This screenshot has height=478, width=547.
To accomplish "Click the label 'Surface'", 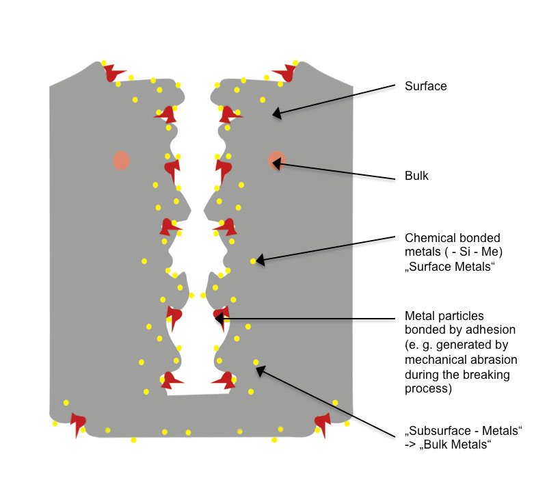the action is (x=425, y=86).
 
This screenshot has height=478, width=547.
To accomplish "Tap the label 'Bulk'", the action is (x=416, y=176).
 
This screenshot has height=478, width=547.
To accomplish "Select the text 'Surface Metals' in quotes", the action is (x=450, y=267).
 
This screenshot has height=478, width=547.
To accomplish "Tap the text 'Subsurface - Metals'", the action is (x=464, y=431).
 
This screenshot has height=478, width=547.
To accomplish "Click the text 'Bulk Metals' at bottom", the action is (x=455, y=445).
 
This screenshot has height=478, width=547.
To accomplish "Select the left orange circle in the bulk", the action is (x=121, y=161).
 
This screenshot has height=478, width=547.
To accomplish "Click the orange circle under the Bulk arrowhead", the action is (x=277, y=161).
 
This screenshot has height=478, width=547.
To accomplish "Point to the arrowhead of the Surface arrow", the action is (x=276, y=113).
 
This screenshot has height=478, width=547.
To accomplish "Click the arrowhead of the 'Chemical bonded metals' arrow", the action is (x=260, y=261).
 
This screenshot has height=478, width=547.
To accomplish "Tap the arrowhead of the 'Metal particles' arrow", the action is (x=218, y=318).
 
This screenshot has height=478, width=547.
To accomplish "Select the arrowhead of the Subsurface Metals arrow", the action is (x=261, y=371).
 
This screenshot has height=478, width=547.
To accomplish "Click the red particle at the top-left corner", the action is (x=113, y=72).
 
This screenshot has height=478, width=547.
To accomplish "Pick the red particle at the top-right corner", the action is (x=284, y=72).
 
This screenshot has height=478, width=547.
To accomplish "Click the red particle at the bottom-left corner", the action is (x=78, y=423).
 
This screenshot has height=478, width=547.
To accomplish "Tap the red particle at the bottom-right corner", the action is (x=323, y=423).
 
